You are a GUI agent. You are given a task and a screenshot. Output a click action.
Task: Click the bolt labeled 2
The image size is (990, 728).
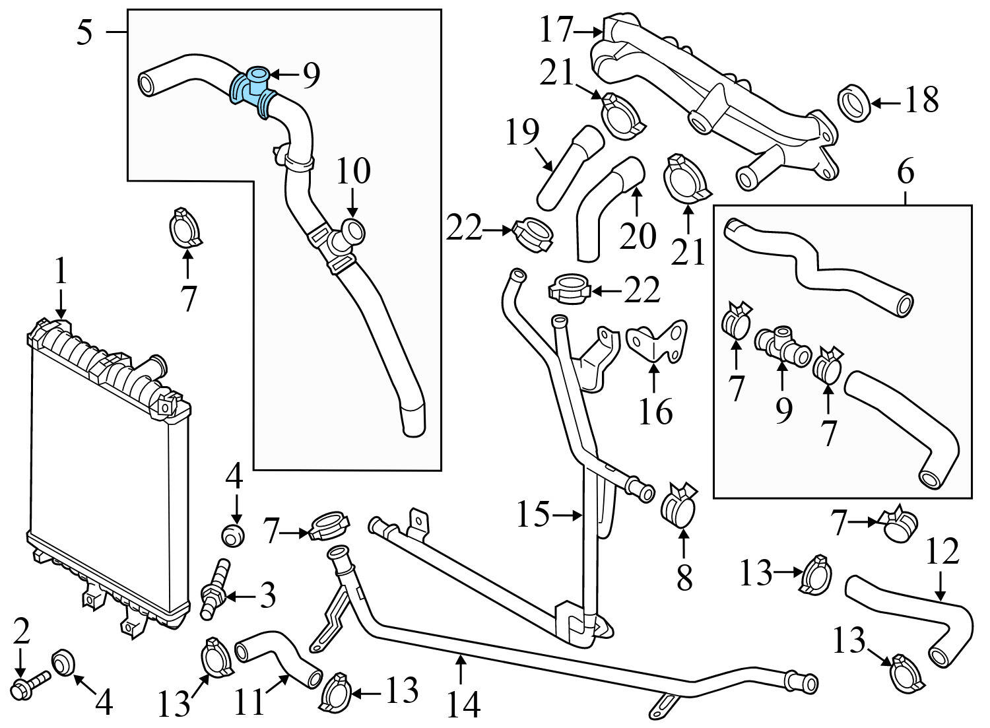tap(30, 684)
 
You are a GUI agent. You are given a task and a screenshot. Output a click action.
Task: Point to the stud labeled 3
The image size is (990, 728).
tap(216, 589)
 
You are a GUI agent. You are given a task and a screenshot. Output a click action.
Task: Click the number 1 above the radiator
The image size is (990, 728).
tap(61, 271)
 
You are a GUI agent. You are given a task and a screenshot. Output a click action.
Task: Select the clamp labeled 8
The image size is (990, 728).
tap(679, 510)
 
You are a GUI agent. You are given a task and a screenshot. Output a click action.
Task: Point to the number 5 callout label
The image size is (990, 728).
tap(84, 32)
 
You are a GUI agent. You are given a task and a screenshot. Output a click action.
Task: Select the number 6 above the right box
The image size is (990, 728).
tap(905, 172)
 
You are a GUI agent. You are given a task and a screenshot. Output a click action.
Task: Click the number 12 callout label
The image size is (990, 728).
tap(942, 552)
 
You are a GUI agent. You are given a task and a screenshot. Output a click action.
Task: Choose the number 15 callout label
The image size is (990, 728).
tap(533, 515)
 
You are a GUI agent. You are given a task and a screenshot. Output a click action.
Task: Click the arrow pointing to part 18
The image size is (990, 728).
tap(884, 103)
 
